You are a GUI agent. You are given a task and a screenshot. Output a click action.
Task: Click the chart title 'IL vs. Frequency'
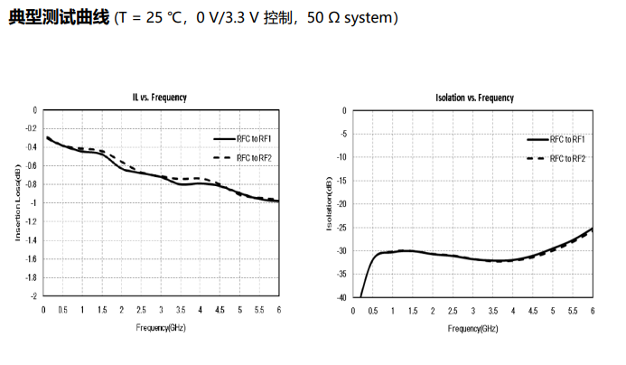tap(160, 97)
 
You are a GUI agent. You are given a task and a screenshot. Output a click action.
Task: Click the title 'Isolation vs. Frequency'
tap(474, 97)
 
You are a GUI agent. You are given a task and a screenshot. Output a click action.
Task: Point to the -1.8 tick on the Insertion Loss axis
tap(32, 277)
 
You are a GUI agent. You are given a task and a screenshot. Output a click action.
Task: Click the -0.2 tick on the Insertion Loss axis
tap(32, 129)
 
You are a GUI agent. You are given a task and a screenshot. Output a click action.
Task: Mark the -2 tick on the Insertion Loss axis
tap(34, 296)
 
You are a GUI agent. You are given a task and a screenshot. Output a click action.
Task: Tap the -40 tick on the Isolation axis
tap(341, 297)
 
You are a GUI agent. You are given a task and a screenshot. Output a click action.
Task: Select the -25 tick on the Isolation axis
tap(341, 227)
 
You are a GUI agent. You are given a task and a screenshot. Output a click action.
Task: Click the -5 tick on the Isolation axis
tap(343, 134)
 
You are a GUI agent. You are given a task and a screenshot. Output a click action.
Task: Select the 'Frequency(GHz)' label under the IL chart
tap(161, 328)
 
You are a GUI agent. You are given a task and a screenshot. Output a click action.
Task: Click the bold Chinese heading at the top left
tap(60, 18)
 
